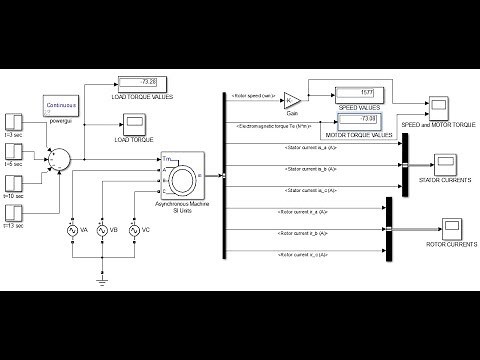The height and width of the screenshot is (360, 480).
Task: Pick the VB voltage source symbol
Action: (102, 230)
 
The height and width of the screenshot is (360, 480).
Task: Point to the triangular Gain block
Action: (292, 100)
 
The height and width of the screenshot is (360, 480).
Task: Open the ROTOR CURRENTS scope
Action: (442, 229)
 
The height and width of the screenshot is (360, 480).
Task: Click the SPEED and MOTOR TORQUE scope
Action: (439, 106)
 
